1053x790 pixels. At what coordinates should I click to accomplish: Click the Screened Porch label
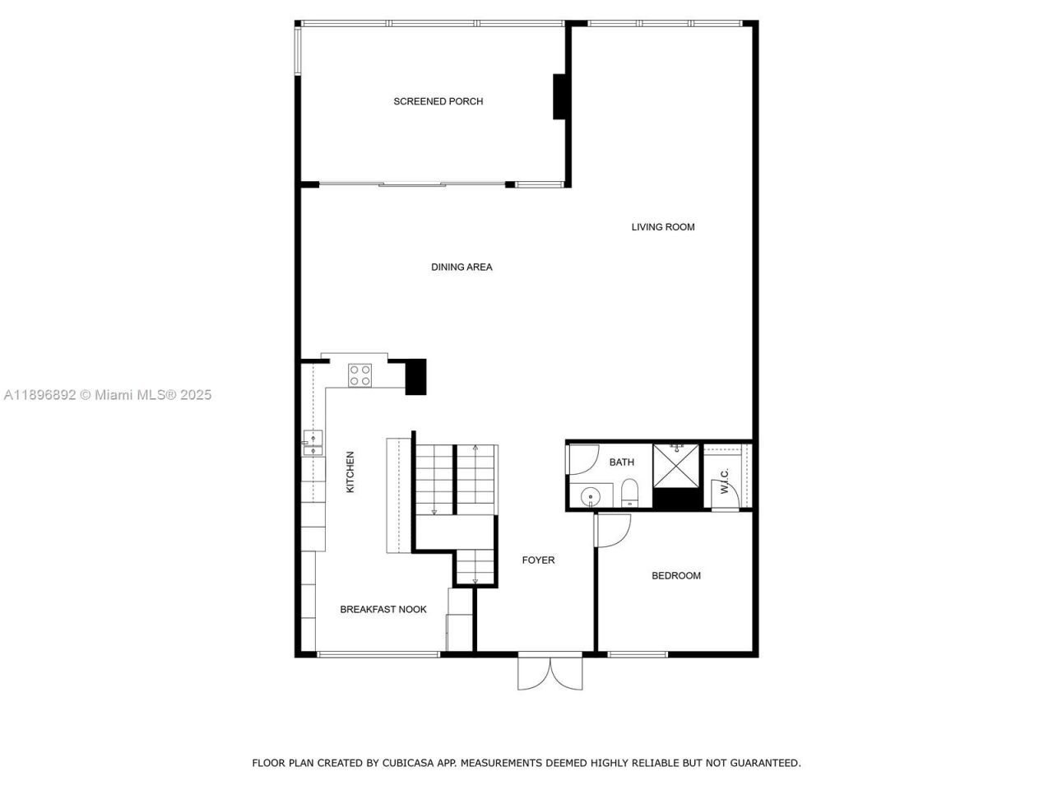438,101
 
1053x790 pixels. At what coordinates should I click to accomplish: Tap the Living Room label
663,227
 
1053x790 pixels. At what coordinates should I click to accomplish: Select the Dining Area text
462,267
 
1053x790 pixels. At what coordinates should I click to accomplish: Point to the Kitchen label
350,472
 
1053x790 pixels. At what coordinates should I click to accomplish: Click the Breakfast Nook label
383,610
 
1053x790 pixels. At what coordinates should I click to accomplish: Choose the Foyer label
539,560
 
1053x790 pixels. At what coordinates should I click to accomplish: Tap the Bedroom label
676,576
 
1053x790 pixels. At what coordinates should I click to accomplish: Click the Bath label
622,462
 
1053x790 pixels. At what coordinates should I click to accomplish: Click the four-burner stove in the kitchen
360,375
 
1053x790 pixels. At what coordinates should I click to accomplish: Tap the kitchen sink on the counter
312,443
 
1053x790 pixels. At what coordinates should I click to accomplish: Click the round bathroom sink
590,497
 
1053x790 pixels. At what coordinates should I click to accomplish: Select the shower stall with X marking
676,465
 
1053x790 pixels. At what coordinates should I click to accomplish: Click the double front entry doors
550,671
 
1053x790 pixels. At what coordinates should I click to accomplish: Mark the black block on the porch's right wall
560,97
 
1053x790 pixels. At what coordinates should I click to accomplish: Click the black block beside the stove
417,376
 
